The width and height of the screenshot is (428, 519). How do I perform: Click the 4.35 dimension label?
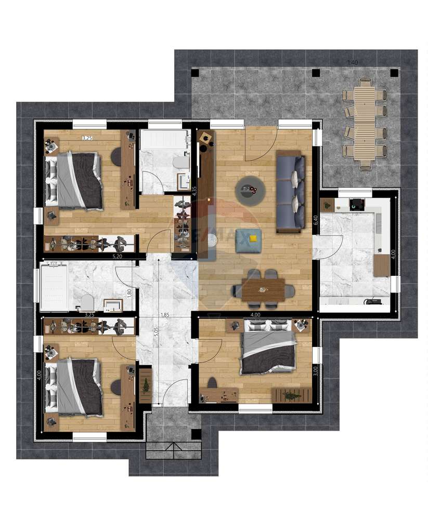(194, 191)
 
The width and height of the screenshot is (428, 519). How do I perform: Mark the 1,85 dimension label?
(165, 315)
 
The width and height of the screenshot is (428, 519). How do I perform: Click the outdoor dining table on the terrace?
(366, 123)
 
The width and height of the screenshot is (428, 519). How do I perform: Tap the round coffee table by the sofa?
(251, 190)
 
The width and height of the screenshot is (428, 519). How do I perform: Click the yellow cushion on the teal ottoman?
(253, 238)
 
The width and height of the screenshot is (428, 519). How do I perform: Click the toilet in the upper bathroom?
(180, 163)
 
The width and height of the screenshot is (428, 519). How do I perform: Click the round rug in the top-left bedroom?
(116, 156)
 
